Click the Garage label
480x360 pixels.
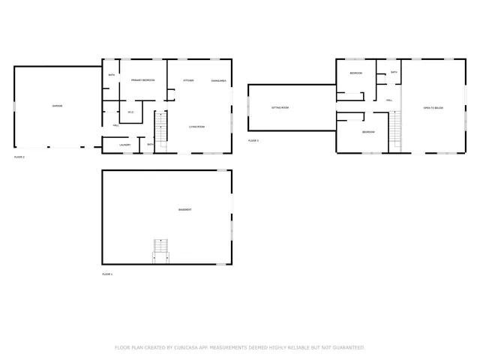click(x=57, y=106)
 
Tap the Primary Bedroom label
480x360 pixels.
click(x=142, y=80)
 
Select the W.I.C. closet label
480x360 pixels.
click(x=130, y=112)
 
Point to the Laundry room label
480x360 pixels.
click(x=125, y=145)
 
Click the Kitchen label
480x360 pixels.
click(x=189, y=80)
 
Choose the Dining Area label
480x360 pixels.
click(x=219, y=80)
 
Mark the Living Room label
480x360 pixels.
click(x=196, y=127)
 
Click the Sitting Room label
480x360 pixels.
click(x=280, y=107)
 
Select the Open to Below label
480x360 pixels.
click(x=433, y=108)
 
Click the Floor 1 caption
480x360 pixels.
click(x=107, y=274)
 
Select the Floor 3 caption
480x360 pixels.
click(x=253, y=140)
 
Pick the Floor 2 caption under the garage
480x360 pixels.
click(x=19, y=157)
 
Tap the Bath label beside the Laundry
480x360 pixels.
click(x=151, y=145)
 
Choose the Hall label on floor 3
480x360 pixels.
click(x=389, y=100)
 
